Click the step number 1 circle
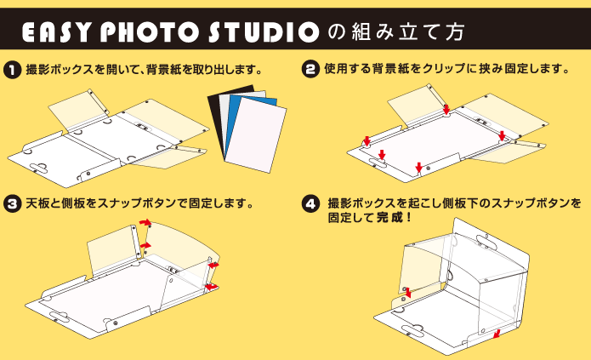12,70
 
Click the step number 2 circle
310,70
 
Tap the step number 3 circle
12,203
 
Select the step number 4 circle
310,203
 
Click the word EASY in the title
56,32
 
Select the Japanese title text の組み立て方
395,32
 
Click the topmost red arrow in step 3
145,223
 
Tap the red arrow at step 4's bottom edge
497,334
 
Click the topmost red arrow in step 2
446,110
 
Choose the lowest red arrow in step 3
211,287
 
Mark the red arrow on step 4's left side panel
407,293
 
